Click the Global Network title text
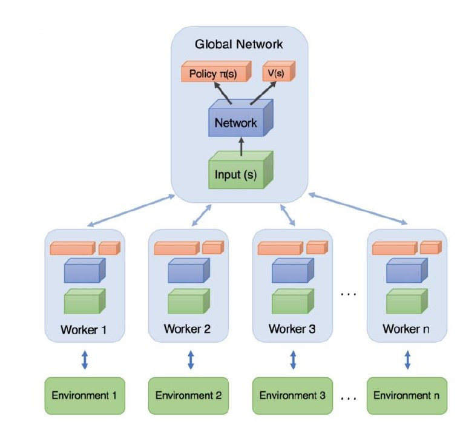coord(238,44)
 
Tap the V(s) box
coord(279,73)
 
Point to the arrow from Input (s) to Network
coord(241,147)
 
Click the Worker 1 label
coord(84,330)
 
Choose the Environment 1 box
coord(85,395)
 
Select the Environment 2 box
coord(188,395)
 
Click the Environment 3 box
coord(292,395)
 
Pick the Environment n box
coord(406,395)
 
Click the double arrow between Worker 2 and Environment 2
coord(191,360)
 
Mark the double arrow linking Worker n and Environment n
coord(407,360)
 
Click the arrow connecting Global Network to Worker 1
coord(130,210)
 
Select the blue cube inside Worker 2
coord(188,271)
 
